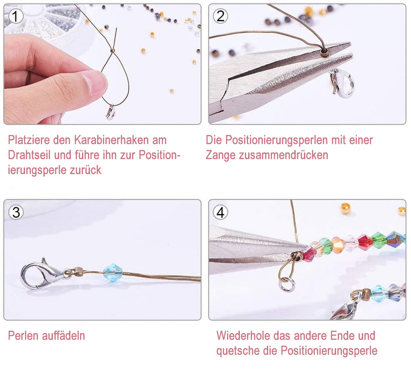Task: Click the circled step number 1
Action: click(x=16, y=16)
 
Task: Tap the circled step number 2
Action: click(x=221, y=16)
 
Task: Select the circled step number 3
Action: click(x=16, y=211)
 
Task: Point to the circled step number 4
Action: click(x=221, y=212)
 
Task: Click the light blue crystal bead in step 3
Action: click(x=113, y=272)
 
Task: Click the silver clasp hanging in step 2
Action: click(x=342, y=83)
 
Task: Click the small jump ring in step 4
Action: click(x=287, y=283)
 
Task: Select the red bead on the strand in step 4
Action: click(x=365, y=242)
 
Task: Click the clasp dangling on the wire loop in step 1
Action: click(x=110, y=113)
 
